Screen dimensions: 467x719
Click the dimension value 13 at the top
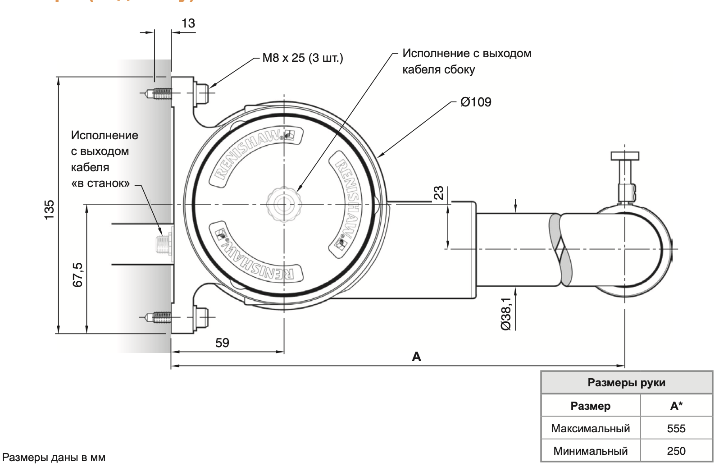188,23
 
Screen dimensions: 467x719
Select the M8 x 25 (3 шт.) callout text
303,58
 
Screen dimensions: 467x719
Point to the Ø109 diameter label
476,102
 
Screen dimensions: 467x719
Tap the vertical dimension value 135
49,210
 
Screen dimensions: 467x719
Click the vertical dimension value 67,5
78,275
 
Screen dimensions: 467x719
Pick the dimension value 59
222,343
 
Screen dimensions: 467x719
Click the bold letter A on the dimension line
416,357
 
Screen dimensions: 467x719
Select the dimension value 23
438,193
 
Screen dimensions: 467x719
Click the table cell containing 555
676,428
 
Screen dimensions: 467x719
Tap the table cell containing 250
676,451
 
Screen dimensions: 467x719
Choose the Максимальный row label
590,428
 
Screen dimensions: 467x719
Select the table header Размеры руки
626,383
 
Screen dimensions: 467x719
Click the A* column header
676,406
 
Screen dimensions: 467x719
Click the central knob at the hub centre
284,205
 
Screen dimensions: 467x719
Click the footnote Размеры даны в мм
54,458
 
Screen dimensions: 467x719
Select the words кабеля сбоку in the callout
438,70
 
